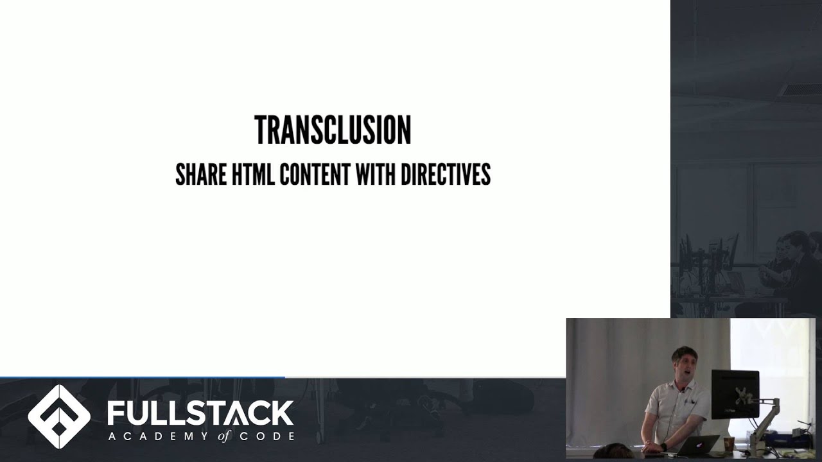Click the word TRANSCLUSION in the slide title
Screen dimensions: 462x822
(x=333, y=131)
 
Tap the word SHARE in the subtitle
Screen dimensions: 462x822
(x=200, y=175)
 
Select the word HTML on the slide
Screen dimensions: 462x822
(x=252, y=175)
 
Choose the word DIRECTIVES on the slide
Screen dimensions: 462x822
(x=446, y=175)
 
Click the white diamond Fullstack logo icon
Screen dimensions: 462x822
(x=59, y=416)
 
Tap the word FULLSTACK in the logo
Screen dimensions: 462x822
(x=200, y=413)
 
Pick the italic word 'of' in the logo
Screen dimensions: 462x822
(x=224, y=436)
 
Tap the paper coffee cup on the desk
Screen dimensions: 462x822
(x=730, y=444)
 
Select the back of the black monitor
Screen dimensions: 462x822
(x=735, y=394)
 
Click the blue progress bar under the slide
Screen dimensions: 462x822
(x=142, y=377)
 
